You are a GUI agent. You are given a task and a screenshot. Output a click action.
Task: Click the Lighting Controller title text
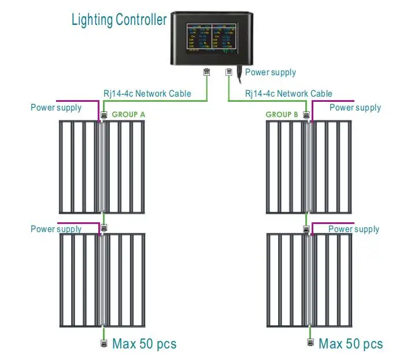pyautogui.click(x=119, y=20)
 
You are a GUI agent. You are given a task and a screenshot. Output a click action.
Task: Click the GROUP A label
pyautogui.click(x=128, y=115)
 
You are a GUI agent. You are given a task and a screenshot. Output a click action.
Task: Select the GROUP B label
pyautogui.click(x=282, y=115)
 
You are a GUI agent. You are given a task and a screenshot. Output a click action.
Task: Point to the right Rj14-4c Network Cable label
pyautogui.click(x=288, y=94)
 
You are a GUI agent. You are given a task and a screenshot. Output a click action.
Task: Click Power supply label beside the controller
pyautogui.click(x=271, y=72)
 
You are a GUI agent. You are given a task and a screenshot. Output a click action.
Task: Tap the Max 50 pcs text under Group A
pyautogui.click(x=144, y=344)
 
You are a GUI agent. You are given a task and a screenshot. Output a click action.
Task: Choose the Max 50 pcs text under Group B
pyautogui.click(x=350, y=344)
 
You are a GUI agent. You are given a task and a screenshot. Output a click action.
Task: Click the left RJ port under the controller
pyautogui.click(x=206, y=72)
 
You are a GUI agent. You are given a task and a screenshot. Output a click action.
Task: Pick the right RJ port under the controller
pyautogui.click(x=228, y=72)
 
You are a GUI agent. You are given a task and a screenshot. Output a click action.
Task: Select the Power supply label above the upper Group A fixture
pyautogui.click(x=56, y=108)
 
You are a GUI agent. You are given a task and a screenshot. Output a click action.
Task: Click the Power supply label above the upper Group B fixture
pyautogui.click(x=355, y=108)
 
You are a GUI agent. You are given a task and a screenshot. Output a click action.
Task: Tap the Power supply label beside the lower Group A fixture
pyautogui.click(x=56, y=229)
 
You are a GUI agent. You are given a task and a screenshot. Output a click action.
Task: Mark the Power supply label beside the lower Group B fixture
pyautogui.click(x=354, y=229)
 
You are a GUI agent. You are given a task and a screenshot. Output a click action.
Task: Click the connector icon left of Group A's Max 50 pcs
pyautogui.click(x=103, y=344)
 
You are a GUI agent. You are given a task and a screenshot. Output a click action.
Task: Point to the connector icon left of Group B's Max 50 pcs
pyautogui.click(x=310, y=344)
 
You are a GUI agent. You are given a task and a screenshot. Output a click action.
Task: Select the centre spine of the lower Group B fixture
pyautogui.click(x=309, y=281)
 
